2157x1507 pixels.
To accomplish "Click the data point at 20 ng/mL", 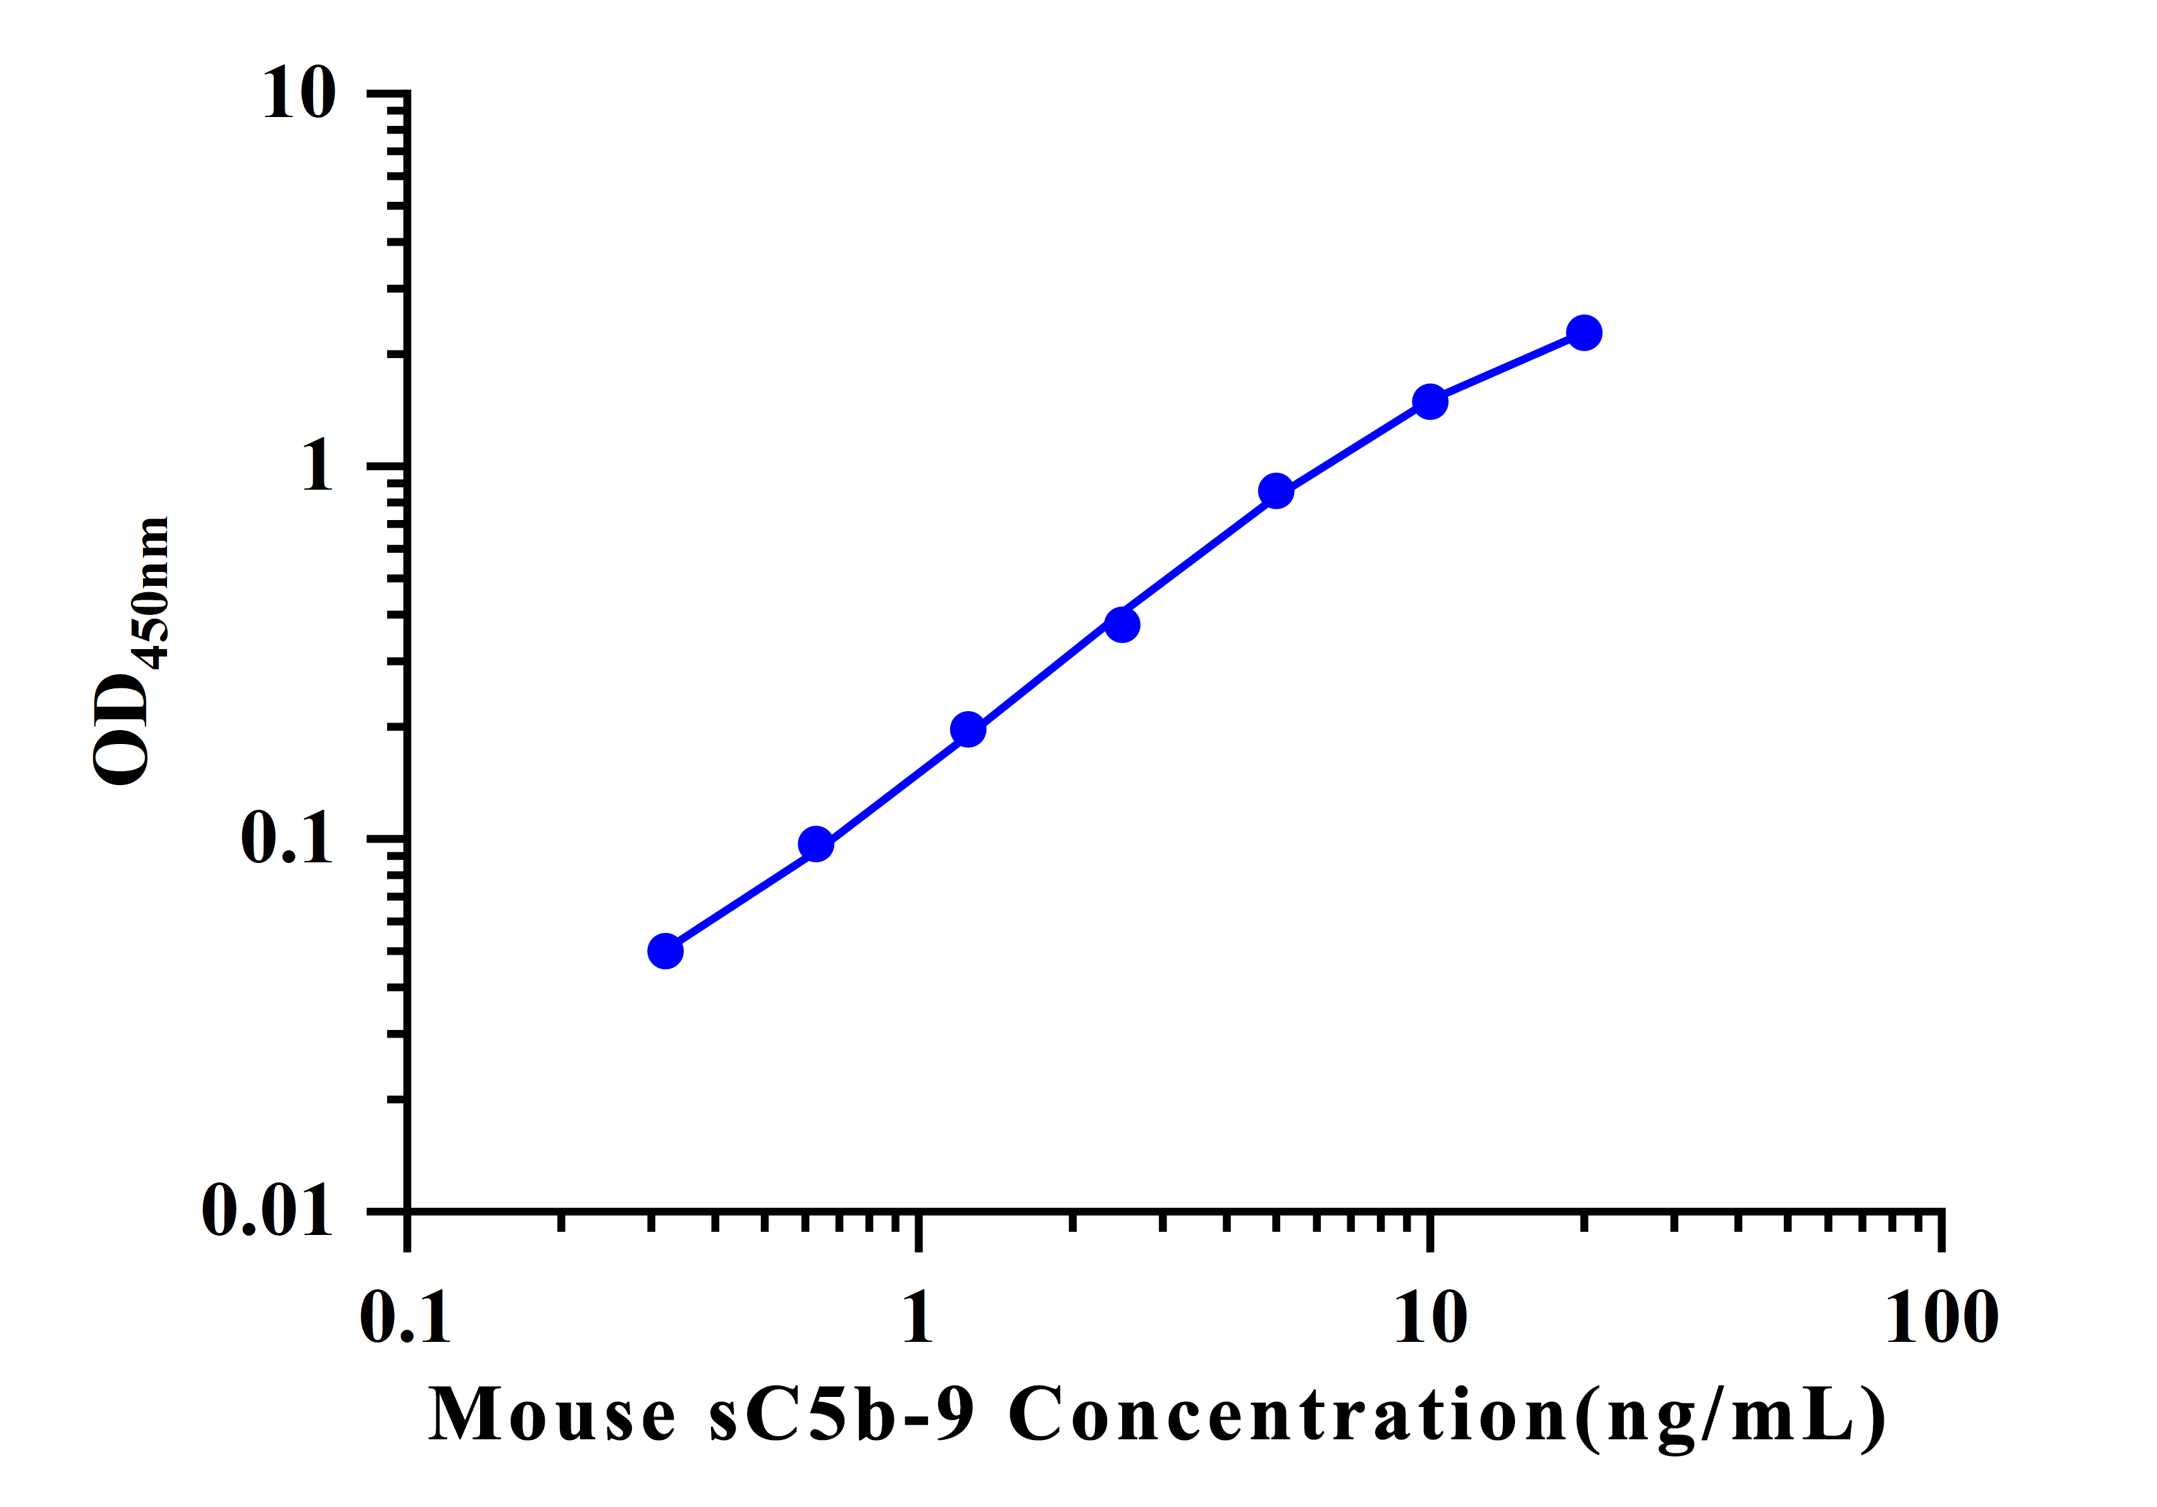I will click(x=1584, y=333).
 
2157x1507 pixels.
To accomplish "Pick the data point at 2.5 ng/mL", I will click(x=1122, y=624).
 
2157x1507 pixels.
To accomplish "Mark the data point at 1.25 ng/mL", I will click(x=968, y=729).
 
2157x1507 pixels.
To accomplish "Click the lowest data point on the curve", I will click(x=665, y=951).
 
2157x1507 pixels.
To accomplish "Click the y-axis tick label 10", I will click(x=299, y=94).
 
